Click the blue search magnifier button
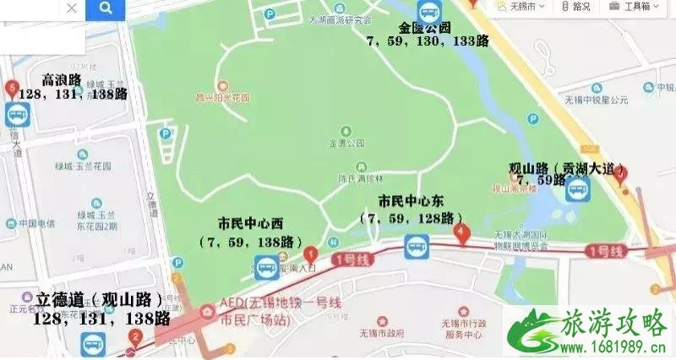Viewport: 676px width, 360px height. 105,9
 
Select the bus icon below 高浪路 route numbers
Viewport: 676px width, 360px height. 16,116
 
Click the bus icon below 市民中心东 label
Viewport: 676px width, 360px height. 416,247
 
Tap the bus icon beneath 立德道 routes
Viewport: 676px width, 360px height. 92,343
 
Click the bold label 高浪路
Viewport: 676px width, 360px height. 61,79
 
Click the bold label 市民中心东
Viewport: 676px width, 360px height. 411,202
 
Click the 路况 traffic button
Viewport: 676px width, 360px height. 576,7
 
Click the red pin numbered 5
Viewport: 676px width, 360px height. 12,87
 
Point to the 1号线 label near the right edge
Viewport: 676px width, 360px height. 606,251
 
